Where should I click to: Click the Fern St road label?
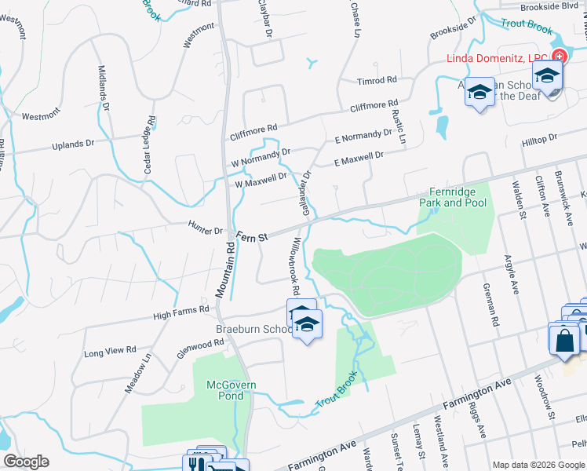coord(253,235)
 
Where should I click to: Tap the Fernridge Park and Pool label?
coord(458,197)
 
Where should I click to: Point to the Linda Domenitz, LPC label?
coord(497,57)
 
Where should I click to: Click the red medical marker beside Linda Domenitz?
coord(559,57)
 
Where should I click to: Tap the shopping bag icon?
coord(564,341)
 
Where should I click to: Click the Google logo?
coord(26,462)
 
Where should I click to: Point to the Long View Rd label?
coord(110,350)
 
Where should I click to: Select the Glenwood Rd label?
coord(200,346)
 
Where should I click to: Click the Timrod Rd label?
coord(377,80)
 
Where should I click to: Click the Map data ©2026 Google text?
coord(538,464)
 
